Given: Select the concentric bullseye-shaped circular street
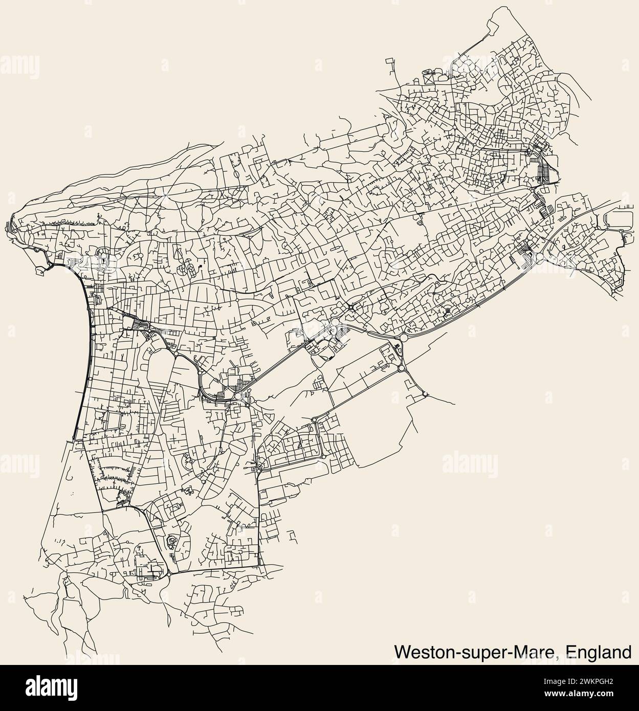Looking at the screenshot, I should pos(447,310).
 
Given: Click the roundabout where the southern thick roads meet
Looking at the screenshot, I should pos(169,574).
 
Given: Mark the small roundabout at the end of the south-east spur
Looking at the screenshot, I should pos(425,394).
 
